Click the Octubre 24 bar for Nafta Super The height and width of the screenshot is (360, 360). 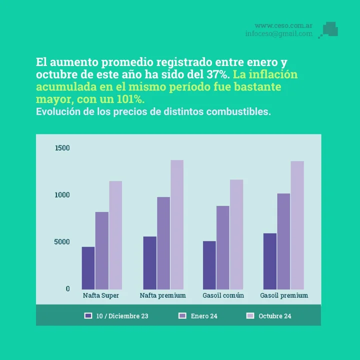[115, 235]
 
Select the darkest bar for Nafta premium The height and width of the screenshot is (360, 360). [149, 262]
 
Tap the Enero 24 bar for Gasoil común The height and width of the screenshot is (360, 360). [222, 247]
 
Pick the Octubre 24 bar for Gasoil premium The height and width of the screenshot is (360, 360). [297, 225]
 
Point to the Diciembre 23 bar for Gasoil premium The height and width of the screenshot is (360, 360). [270, 261]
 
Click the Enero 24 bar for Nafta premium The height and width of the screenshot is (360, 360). [163, 243]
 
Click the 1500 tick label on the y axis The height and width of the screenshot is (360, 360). [62, 148]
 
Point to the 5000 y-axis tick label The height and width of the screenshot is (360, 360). [62, 242]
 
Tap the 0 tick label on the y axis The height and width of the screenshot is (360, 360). [67, 289]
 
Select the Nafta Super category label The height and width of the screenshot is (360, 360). [101, 295]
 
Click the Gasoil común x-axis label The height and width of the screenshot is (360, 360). [223, 295]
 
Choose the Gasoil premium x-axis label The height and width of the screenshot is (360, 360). [284, 295]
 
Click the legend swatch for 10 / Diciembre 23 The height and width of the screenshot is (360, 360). [88, 315]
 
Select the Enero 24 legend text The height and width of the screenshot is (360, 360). [204, 316]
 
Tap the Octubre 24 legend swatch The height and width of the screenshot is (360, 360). [250, 315]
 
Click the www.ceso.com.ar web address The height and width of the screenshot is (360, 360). [283, 25]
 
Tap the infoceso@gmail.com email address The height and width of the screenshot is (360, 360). [278, 34]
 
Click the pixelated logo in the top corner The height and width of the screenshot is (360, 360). [329, 29]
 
